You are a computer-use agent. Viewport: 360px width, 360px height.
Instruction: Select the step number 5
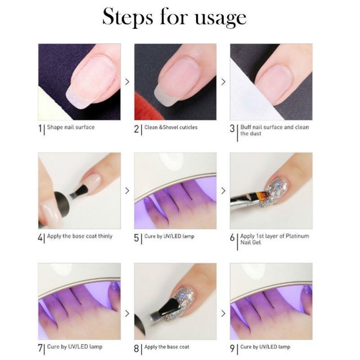(137, 238)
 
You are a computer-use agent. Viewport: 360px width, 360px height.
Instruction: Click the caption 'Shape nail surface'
(71, 127)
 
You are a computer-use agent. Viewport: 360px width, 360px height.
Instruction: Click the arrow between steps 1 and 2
(127, 82)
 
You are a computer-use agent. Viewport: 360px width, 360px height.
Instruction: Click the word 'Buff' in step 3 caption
(246, 127)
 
